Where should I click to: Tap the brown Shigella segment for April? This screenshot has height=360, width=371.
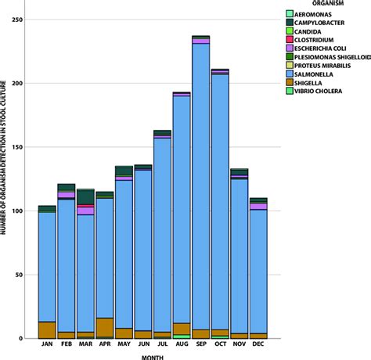(x=105, y=327)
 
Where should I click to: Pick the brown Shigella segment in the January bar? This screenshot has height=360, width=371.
(x=47, y=329)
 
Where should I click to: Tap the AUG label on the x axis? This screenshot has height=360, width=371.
(x=182, y=345)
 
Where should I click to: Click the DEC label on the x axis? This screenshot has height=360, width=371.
(x=258, y=345)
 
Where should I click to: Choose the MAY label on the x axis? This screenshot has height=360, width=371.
(x=124, y=345)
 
